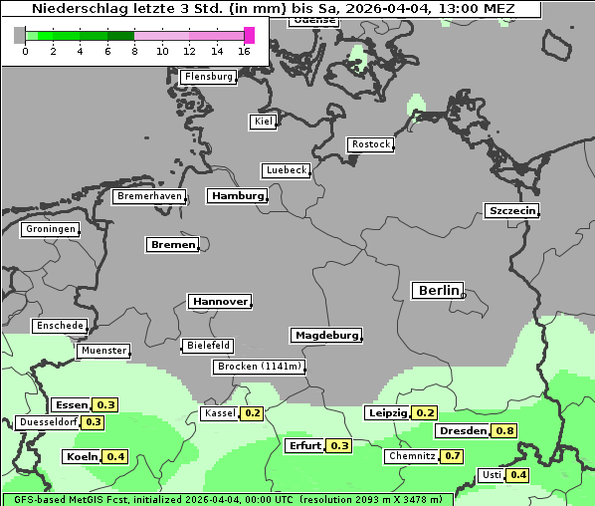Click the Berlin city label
pos(437,291)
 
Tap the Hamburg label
pos(237,196)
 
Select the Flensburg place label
pos(208,77)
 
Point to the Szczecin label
pos(511,210)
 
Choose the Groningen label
pos(50,229)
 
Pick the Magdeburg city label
pos(325,336)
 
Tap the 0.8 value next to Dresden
pos(505,431)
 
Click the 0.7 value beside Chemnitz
pos(453,456)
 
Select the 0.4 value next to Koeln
pos(116,457)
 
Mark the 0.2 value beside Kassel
pos(253,413)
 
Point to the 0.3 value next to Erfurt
pos(340,445)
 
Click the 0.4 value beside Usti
pos(518,475)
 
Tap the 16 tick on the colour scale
pos(245,51)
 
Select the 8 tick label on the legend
pos(134,51)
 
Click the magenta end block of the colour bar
pos(250,36)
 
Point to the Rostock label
pos(370,144)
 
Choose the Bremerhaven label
pos(149,196)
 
